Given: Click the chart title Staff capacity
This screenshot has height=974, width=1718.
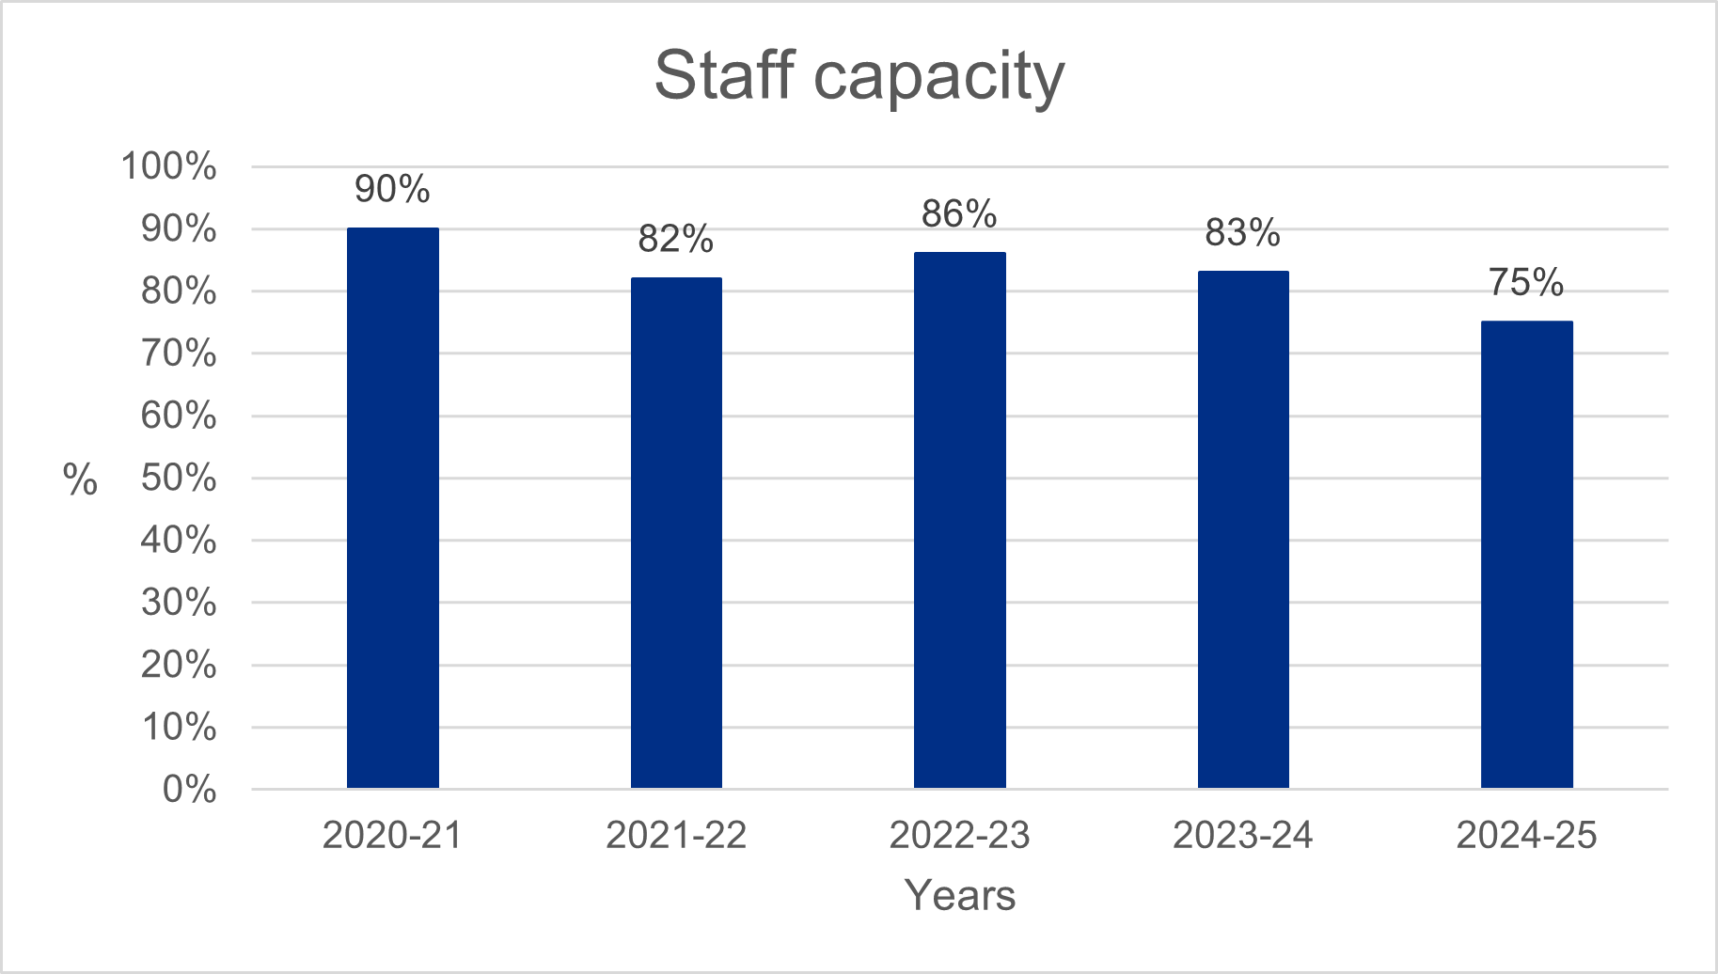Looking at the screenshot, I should click(859, 76).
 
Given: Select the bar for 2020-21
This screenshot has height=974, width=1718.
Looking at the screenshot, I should click(392, 508).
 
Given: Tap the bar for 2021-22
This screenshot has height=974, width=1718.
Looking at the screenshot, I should click(676, 532).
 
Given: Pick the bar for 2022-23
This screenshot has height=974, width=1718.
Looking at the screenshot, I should click(959, 520).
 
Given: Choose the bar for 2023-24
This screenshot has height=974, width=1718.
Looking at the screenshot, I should click(1243, 529).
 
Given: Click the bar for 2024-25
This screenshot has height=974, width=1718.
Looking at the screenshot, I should click(1526, 555).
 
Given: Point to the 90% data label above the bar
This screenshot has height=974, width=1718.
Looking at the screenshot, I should click(392, 189).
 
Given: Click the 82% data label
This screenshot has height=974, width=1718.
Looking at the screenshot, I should click(676, 239).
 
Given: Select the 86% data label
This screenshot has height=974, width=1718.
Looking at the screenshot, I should click(959, 214).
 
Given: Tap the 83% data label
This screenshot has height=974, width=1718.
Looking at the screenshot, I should click(1243, 232).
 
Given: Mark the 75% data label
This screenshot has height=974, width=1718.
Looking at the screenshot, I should click(1526, 282).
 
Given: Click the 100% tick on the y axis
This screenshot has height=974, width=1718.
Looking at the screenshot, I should click(169, 166).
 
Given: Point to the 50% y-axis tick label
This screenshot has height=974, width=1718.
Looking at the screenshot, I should click(179, 479).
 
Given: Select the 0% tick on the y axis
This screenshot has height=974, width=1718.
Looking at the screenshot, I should click(189, 790).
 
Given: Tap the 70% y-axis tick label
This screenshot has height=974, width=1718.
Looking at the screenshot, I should click(179, 353).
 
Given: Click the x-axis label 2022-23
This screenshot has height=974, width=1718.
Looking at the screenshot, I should click(959, 835).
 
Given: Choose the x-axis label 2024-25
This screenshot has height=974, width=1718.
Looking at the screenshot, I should click(1526, 835).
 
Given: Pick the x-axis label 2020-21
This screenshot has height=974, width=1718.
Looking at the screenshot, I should click(392, 835).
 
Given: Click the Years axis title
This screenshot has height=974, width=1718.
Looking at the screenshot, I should click(959, 895).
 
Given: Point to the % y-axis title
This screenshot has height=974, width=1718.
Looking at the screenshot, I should click(81, 480).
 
